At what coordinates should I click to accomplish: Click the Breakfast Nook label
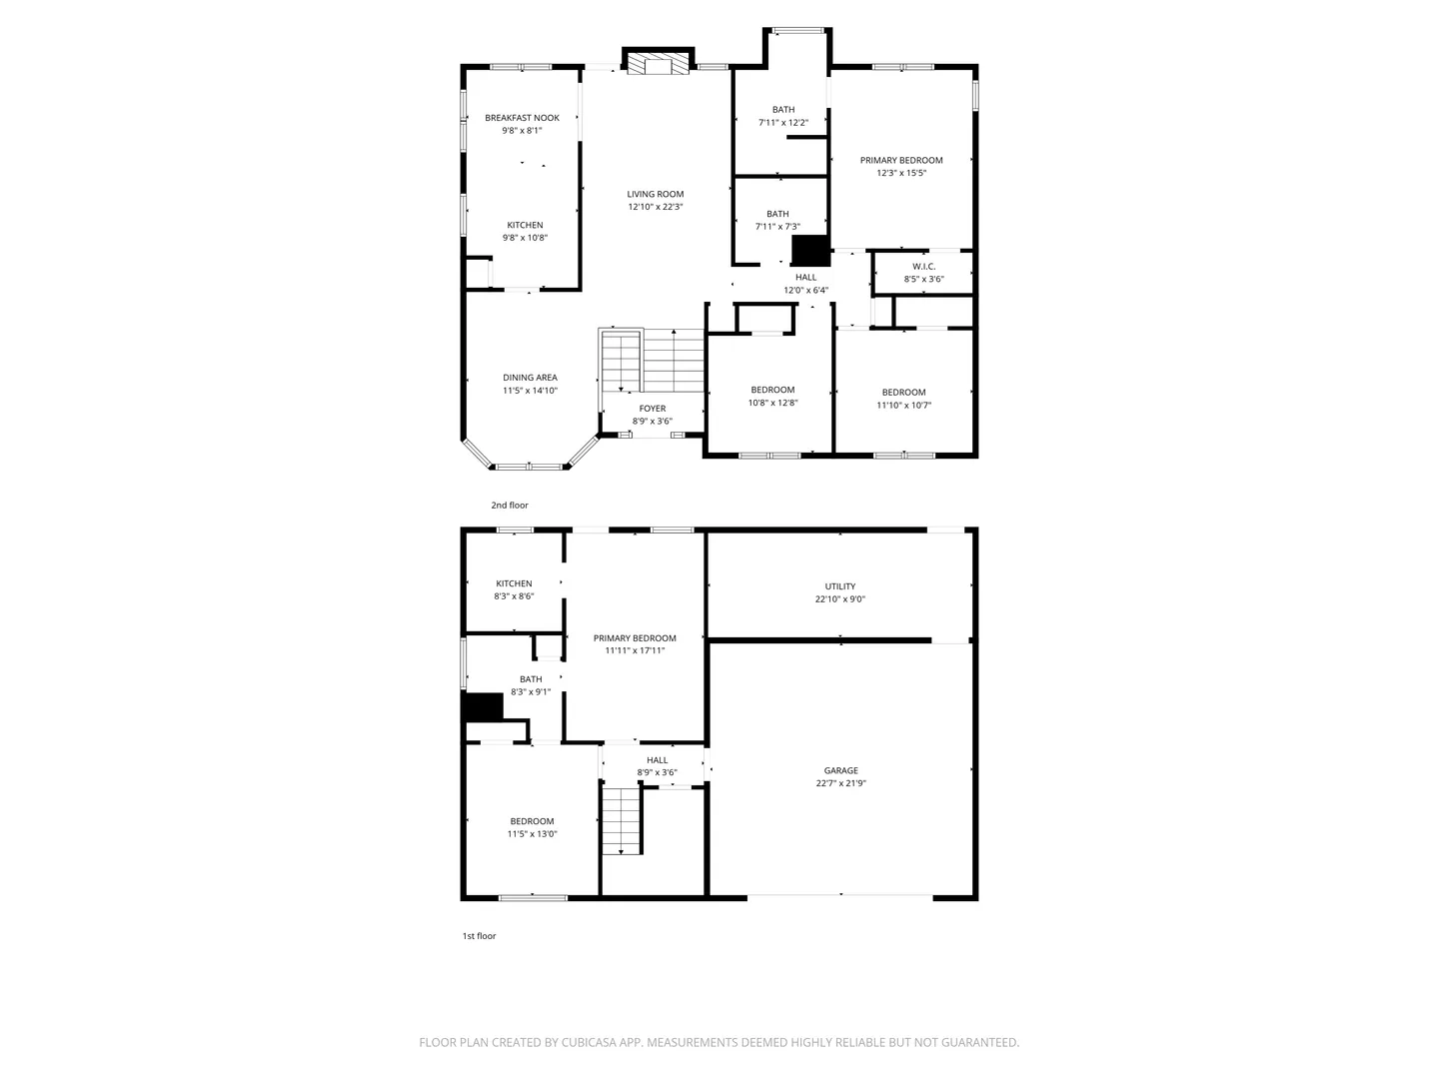coord(522,118)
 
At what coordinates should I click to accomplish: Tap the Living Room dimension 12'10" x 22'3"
coord(655,207)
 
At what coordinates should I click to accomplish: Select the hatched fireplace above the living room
coord(658,64)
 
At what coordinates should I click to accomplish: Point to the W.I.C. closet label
coord(923,267)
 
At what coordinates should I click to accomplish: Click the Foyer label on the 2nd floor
coord(653,409)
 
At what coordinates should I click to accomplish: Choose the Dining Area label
coord(530,378)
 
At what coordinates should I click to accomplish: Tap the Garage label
coord(841,771)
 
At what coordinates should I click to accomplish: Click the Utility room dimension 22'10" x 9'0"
coord(839,599)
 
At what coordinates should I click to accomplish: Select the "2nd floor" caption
coord(510,506)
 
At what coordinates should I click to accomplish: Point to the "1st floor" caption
coord(480,936)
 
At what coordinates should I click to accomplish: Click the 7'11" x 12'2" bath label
coord(783,117)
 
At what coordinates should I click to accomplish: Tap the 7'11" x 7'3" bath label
coord(777,221)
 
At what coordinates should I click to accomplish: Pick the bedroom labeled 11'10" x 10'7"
coord(904,399)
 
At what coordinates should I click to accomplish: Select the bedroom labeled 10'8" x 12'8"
coord(772,397)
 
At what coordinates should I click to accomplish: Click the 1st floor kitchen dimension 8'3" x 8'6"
coord(514,596)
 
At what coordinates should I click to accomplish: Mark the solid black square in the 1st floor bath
coord(483,707)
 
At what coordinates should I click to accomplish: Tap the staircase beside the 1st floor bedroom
coord(621,821)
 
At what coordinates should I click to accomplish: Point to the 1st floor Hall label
coord(657,760)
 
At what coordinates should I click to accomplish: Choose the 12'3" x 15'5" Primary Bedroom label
coord(901,167)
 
